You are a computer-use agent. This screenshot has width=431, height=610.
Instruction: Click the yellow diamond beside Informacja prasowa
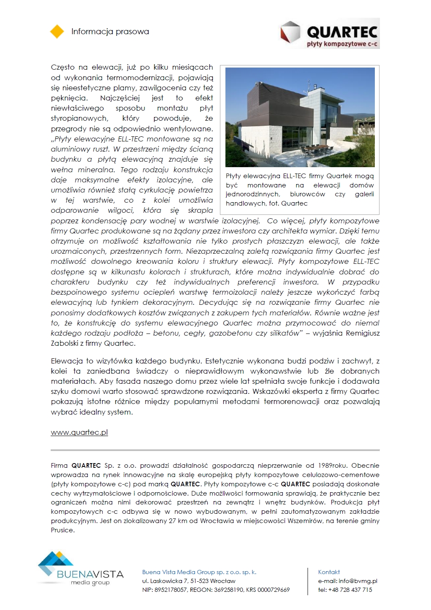[57, 32]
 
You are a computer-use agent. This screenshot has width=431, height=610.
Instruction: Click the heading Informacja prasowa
[110, 32]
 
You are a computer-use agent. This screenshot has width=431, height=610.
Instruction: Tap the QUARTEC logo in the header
[330, 33]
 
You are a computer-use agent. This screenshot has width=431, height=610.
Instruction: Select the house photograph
[300, 117]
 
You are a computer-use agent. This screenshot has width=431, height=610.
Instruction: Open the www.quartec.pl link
[79, 433]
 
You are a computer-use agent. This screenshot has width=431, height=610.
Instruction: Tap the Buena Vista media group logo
[80, 569]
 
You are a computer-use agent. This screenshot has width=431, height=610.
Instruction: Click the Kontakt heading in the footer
[329, 572]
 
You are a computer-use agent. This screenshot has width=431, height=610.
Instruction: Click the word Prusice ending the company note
[62, 530]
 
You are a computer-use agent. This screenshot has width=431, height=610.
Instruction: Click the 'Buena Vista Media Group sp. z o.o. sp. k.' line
[199, 572]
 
